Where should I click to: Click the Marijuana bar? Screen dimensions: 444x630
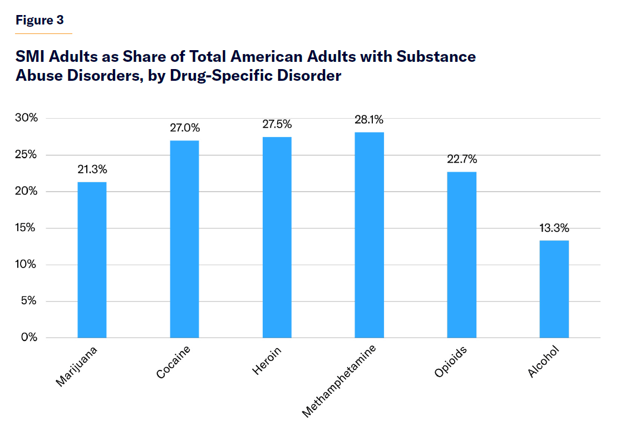[92, 260]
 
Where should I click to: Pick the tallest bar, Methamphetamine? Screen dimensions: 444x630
[369, 235]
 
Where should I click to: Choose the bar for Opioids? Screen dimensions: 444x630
[461, 255]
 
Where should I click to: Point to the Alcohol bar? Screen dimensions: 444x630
[554, 289]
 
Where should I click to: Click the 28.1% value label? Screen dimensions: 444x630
[369, 120]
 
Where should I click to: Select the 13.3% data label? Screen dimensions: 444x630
[554, 228]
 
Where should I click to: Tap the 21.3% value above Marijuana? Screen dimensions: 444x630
[92, 169]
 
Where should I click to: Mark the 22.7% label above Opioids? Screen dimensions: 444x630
[461, 159]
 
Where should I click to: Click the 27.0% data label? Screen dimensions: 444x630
[184, 128]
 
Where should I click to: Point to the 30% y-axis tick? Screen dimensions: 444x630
[26, 118]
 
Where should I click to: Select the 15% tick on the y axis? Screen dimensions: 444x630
[26, 228]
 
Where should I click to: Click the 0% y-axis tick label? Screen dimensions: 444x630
[28, 337]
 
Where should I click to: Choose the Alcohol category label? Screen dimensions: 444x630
[543, 362]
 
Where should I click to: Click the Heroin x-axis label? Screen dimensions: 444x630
[267, 360]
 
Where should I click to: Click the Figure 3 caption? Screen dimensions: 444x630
[40, 21]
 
